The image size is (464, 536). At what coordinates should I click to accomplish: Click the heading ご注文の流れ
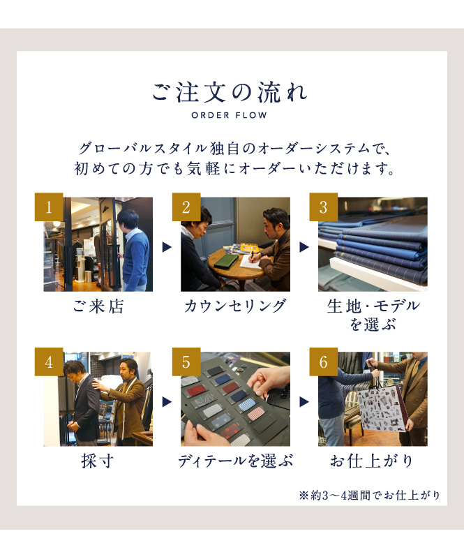tap(230, 92)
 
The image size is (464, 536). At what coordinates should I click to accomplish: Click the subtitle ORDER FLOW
tap(230, 115)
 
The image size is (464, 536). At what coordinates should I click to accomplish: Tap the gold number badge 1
tap(49, 207)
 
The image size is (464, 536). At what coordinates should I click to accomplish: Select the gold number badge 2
tap(186, 207)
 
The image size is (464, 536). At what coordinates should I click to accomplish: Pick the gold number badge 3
tap(324, 207)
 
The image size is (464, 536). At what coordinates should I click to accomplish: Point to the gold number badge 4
tap(49, 362)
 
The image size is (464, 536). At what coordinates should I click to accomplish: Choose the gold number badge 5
tap(186, 362)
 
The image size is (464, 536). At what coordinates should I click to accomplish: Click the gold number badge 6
tap(324, 362)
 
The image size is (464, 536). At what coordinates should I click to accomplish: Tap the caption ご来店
tap(98, 306)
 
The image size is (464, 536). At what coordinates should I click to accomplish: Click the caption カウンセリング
tap(235, 306)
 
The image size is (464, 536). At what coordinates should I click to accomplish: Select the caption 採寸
tap(98, 461)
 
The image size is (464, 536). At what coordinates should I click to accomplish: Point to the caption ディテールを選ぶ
tap(235, 461)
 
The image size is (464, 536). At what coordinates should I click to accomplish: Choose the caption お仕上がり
tap(373, 461)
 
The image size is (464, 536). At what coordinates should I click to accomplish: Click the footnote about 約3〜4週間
tap(369, 495)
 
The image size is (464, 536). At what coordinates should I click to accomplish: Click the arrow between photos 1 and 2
tap(167, 247)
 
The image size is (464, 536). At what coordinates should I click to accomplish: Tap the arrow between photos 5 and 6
tap(304, 402)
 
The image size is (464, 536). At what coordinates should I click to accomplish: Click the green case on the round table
tap(226, 260)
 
